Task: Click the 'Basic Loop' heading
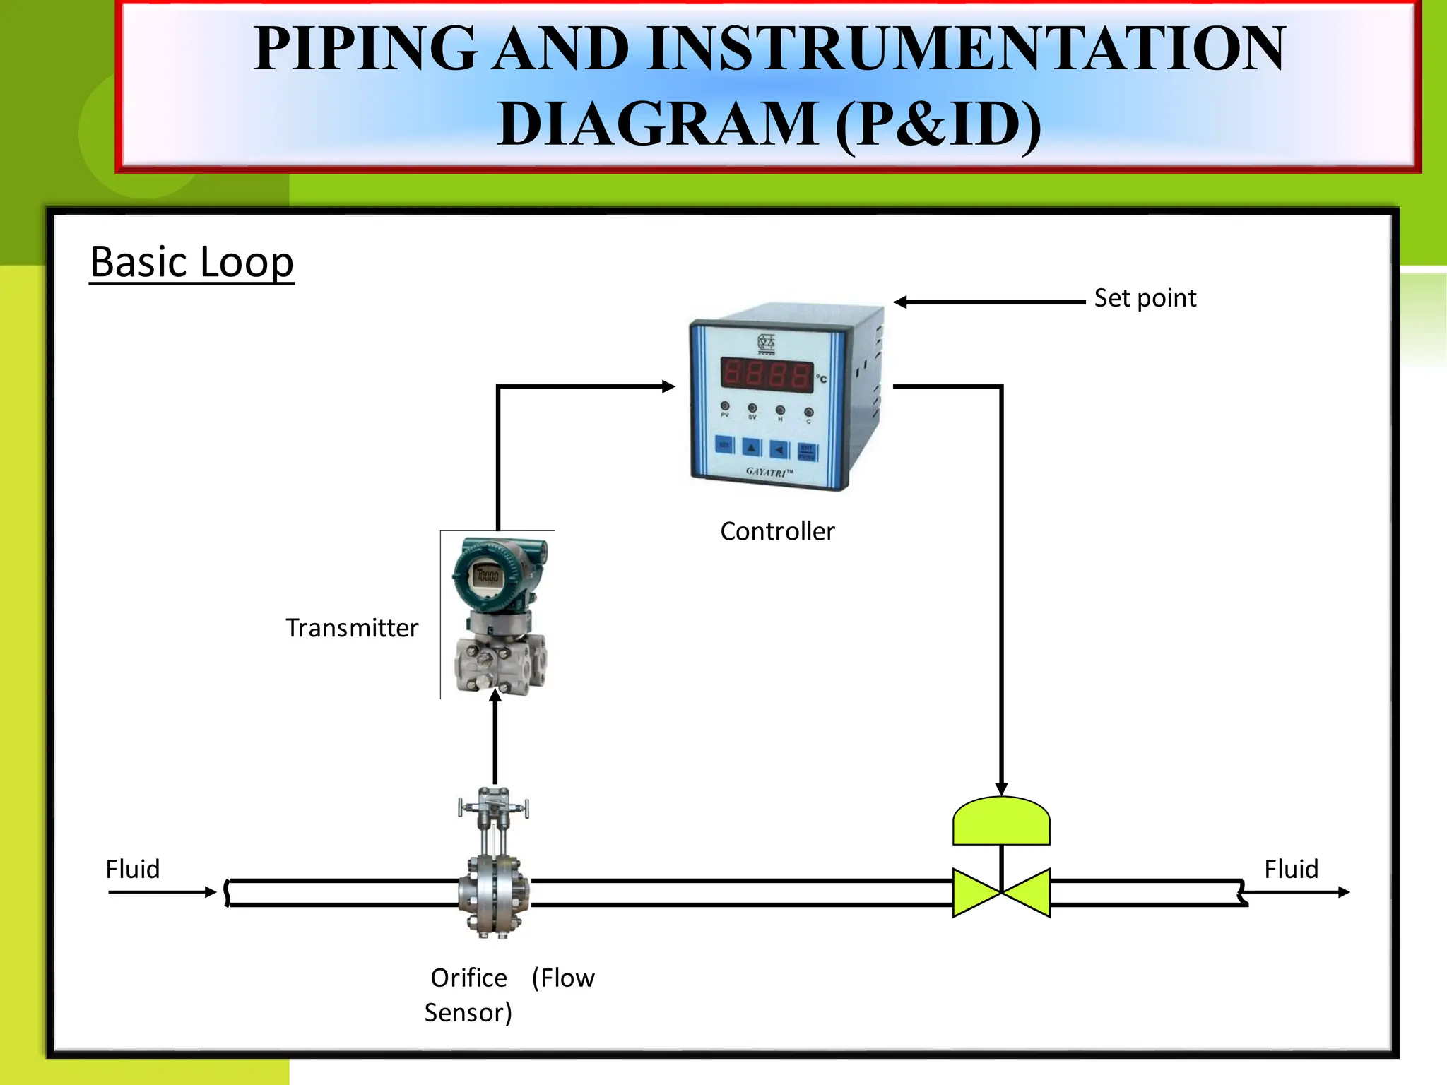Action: tap(191, 262)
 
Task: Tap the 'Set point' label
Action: tap(1145, 298)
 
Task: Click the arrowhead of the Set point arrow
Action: tap(901, 302)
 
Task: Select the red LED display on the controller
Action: tap(767, 374)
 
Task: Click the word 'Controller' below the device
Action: tap(777, 531)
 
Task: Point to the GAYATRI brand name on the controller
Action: tap(769, 471)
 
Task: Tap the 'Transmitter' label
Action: tap(352, 628)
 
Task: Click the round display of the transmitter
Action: tap(487, 576)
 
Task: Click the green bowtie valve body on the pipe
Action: tap(1001, 893)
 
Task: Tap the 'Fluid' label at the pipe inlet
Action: tap(133, 869)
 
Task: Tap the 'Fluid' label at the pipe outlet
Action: tap(1291, 869)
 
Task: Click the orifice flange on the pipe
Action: tap(494, 895)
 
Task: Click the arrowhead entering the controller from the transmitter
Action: tap(668, 386)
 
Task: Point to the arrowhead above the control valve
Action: tap(1001, 788)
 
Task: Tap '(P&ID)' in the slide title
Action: tap(938, 124)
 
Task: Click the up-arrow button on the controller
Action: tap(752, 448)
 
